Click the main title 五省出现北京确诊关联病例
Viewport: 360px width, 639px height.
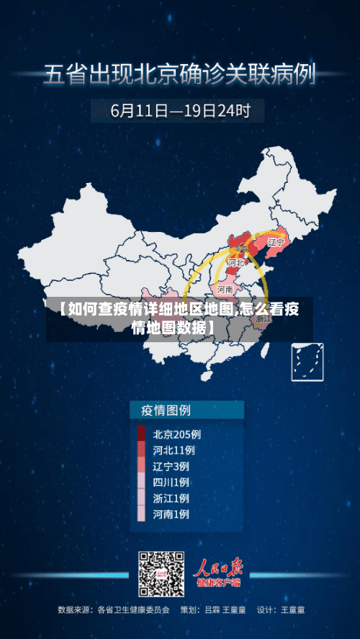tap(180, 74)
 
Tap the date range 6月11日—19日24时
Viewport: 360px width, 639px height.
tap(180, 112)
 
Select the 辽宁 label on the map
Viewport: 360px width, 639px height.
tap(276, 243)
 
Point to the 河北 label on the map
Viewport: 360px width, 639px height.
tap(235, 264)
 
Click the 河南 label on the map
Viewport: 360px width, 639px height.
tap(225, 289)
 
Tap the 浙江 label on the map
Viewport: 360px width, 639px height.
tap(264, 318)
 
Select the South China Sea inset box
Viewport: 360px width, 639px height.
tap(307, 362)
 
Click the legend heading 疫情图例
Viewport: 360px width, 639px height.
tap(161, 411)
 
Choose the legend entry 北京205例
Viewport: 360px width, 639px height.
tap(177, 434)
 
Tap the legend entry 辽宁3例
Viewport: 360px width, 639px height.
tap(171, 466)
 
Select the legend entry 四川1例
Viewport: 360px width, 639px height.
tap(171, 482)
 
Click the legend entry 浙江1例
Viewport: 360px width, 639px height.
tap(171, 498)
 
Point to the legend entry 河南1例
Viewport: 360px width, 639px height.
tap(171, 514)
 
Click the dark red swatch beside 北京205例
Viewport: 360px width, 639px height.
tap(141, 434)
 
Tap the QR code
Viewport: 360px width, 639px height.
tap(161, 574)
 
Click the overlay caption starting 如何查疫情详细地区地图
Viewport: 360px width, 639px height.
tap(180, 319)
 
